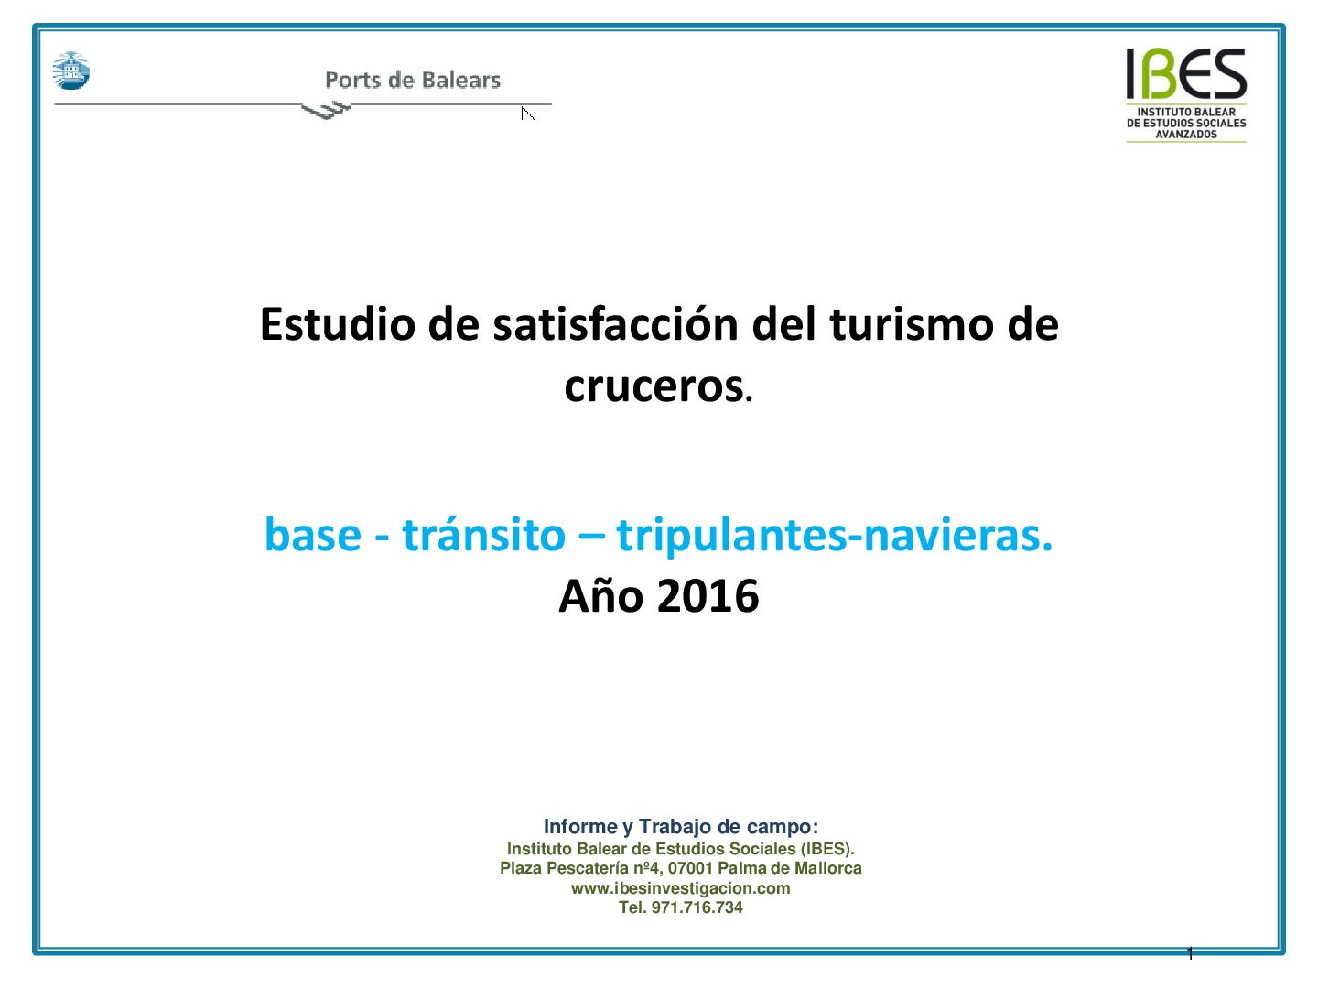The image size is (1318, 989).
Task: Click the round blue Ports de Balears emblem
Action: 71,71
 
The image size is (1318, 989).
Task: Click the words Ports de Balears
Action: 413,80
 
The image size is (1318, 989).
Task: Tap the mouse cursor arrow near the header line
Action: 528,114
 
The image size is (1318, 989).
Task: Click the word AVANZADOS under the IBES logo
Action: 1186,135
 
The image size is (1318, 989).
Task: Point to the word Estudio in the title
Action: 338,324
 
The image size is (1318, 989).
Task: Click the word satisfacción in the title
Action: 615,324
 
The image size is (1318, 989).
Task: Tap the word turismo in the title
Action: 912,324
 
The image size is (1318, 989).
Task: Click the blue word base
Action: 313,535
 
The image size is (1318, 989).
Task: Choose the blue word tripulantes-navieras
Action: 835,535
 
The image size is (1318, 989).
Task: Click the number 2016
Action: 708,596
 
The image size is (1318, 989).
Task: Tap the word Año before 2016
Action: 601,595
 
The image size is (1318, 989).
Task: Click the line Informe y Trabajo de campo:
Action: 681,827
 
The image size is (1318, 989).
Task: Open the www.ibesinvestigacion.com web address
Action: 681,888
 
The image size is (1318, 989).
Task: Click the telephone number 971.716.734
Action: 697,907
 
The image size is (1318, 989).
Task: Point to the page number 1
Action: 1190,953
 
